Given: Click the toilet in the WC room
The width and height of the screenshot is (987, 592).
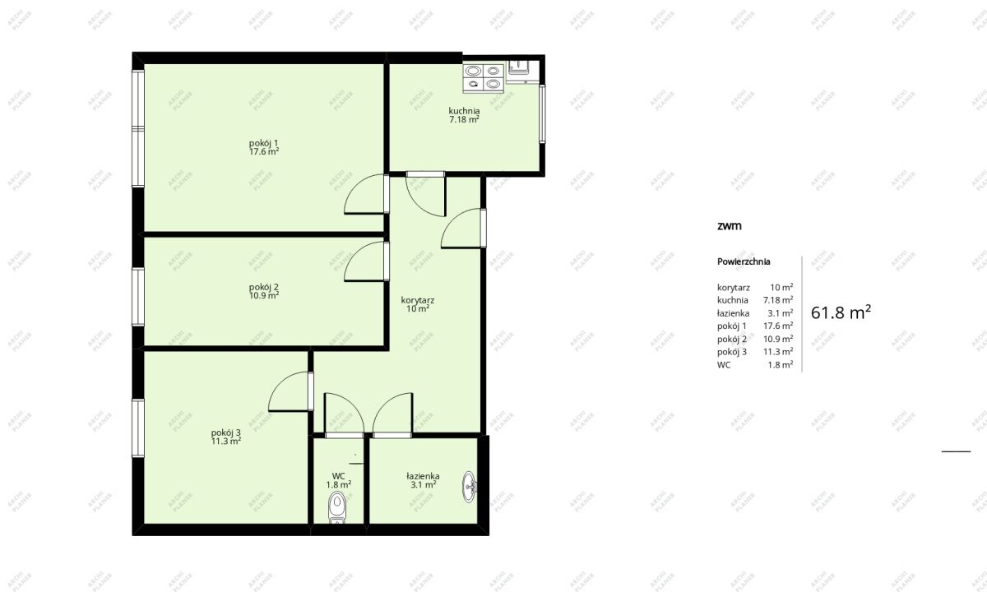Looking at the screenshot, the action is tap(337, 508).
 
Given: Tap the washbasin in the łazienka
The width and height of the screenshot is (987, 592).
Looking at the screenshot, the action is tap(470, 487).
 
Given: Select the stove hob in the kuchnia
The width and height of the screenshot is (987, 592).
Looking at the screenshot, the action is tap(484, 78).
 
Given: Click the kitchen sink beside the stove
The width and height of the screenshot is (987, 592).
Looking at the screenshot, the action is tap(522, 72).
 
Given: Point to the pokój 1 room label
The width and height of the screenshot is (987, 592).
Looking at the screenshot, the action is tap(263, 143).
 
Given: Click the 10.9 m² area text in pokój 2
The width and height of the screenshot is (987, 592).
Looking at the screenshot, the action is tap(264, 295).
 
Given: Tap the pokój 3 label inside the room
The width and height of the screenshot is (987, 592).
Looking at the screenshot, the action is tap(225, 432).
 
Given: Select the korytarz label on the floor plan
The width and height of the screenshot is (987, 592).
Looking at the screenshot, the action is tap(418, 300).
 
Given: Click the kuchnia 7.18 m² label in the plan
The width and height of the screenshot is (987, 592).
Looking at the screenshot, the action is tap(464, 115).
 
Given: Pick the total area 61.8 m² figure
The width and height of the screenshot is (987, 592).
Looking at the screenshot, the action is tap(841, 312).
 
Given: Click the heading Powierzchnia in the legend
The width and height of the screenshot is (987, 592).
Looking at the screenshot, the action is tap(744, 261).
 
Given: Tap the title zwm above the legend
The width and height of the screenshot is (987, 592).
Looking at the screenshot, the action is tap(730, 226).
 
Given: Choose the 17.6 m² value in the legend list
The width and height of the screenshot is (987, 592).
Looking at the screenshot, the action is tap(778, 326).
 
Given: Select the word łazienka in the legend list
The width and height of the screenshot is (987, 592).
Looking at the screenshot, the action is tap(733, 313).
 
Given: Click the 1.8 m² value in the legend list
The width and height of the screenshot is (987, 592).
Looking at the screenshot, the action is tap(781, 365).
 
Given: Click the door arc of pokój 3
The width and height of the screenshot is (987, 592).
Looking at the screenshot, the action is tap(289, 391).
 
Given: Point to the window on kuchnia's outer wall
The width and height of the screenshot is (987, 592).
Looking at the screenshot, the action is tap(542, 113).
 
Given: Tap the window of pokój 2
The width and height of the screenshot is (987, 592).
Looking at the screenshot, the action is tap(138, 297).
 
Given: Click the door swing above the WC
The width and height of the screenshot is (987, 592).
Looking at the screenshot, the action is tap(344, 413).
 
